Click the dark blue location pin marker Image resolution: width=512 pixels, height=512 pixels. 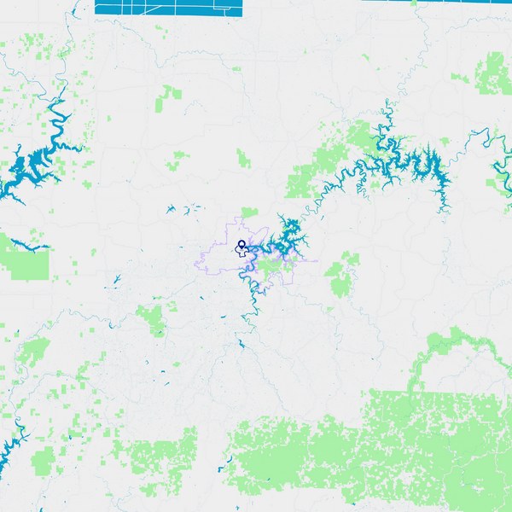(x=241, y=247)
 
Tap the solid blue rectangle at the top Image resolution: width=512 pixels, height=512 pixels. (x=169, y=8)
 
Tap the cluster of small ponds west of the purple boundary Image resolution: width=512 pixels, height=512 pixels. (x=181, y=209)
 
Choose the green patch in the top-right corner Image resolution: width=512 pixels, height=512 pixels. (x=493, y=73)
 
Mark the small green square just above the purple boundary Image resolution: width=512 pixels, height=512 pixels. (x=249, y=212)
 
